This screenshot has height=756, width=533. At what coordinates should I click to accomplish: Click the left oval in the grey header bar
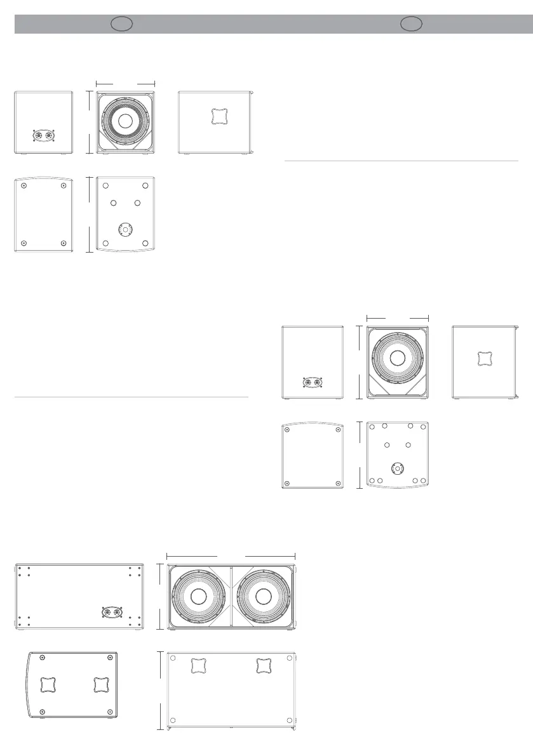(121, 24)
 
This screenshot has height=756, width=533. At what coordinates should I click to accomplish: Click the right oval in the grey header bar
(412, 24)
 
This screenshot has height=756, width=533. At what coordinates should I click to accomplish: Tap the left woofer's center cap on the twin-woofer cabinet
(198, 597)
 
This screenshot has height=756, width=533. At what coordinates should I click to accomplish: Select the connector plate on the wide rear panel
(111, 613)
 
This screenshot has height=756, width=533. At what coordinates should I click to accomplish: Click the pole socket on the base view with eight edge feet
(398, 468)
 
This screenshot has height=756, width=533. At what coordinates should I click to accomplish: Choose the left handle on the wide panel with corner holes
(199, 665)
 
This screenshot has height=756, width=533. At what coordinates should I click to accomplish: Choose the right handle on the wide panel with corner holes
(264, 665)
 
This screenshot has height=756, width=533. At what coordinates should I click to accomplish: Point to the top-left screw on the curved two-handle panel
(42, 658)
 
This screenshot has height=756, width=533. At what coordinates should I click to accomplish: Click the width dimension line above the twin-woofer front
(231, 555)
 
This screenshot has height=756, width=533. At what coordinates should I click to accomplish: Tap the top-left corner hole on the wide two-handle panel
(173, 658)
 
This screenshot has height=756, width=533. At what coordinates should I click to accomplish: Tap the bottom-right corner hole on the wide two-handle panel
(290, 720)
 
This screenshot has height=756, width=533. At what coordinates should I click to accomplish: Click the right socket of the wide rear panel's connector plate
(117, 613)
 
